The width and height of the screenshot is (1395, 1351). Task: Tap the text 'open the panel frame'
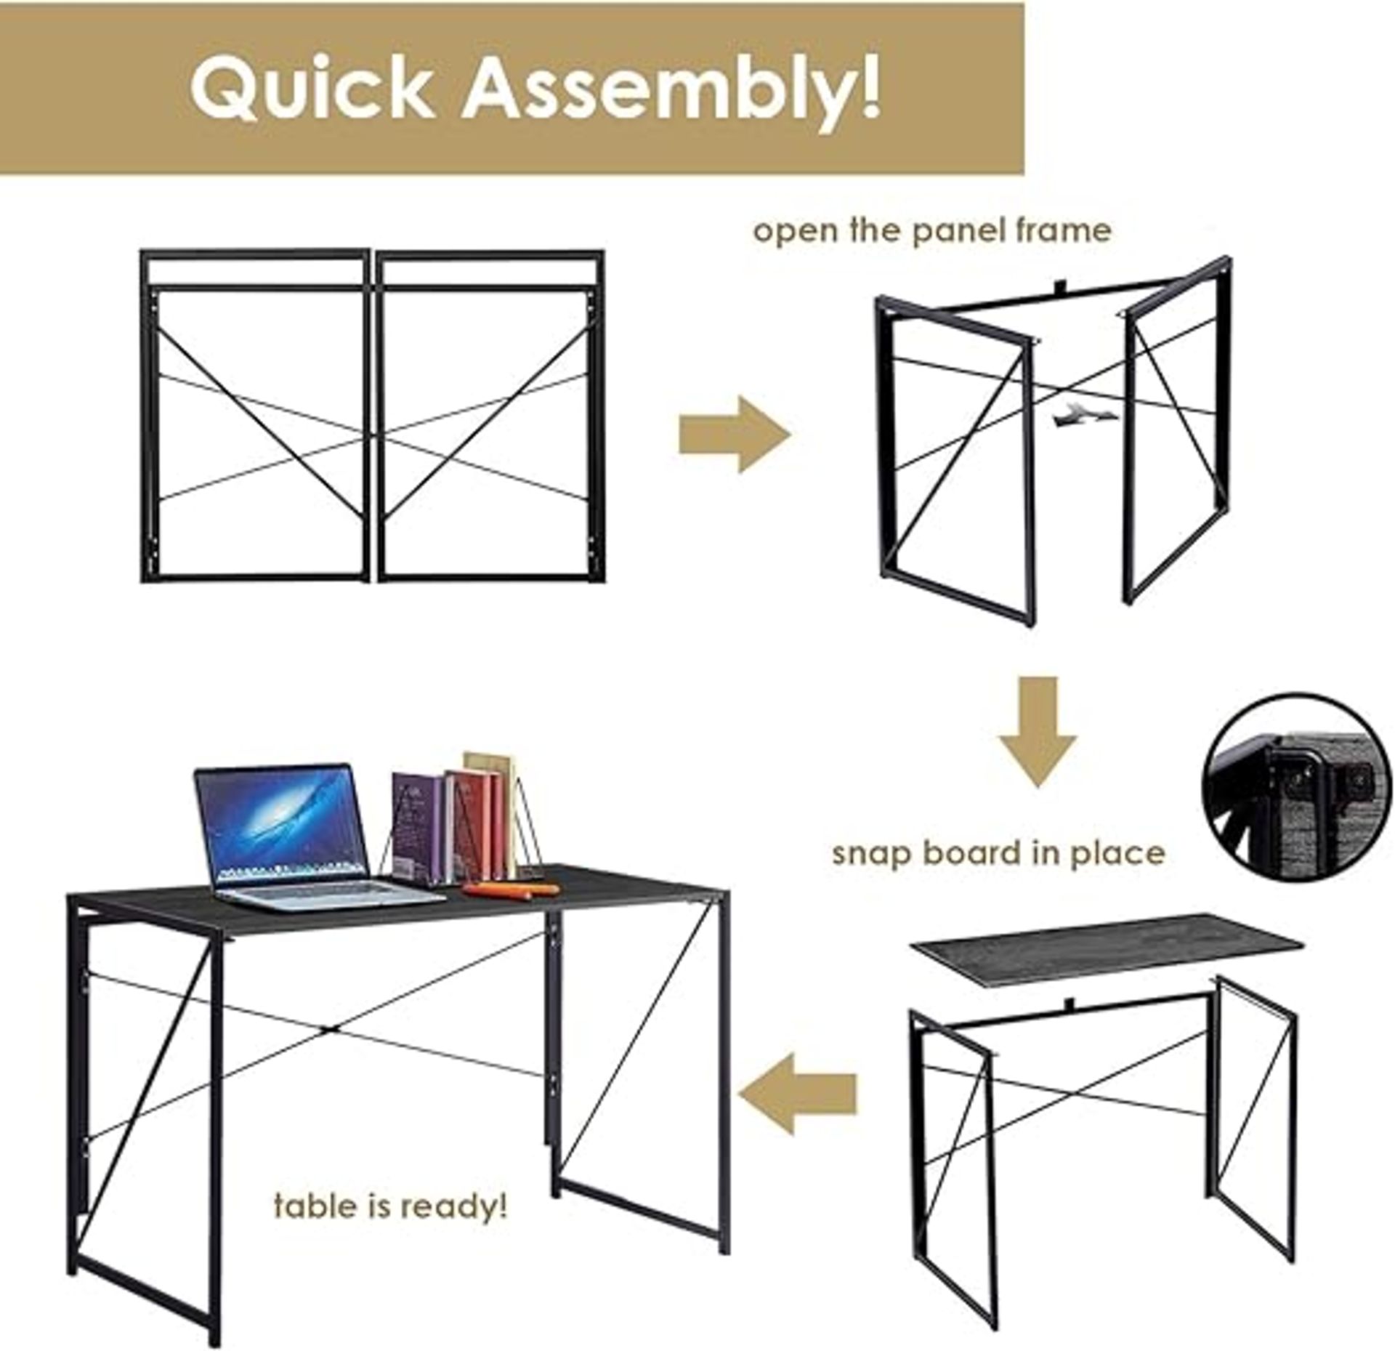pos(931,231)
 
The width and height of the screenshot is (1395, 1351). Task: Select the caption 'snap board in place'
pos(998,853)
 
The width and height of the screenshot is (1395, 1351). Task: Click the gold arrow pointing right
pos(734,435)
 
